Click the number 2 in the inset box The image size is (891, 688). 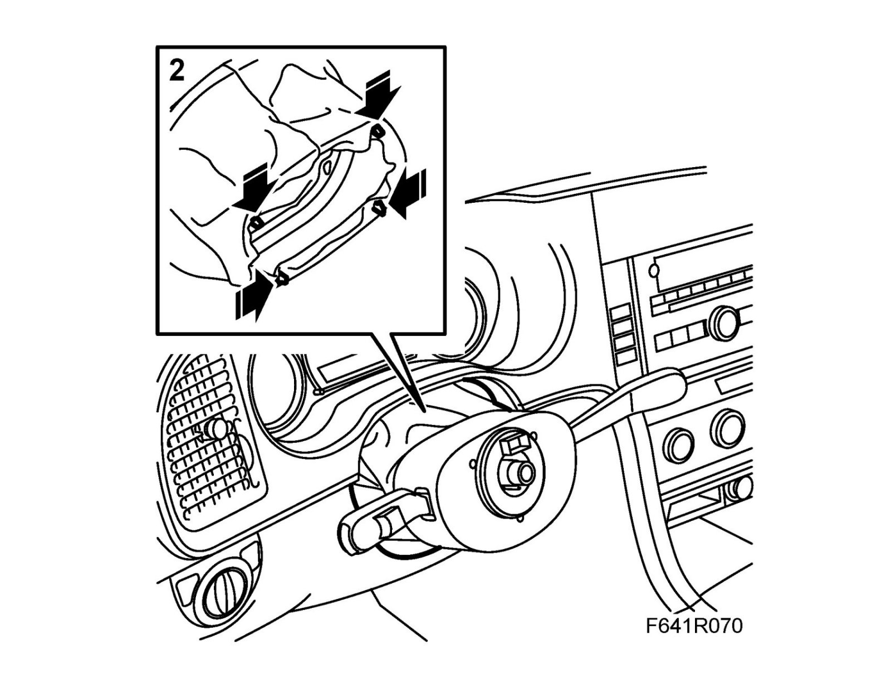[x=177, y=71]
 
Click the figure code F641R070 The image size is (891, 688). [x=694, y=626]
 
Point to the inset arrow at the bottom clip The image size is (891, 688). [x=254, y=295]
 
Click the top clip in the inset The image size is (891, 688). [x=379, y=131]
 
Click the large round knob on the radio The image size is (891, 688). [x=725, y=321]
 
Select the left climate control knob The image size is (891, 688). [x=679, y=446]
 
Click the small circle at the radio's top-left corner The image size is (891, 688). [x=654, y=271]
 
